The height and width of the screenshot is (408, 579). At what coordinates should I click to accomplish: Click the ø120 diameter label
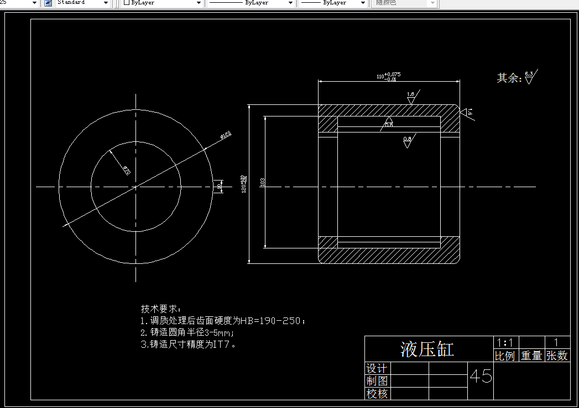226,134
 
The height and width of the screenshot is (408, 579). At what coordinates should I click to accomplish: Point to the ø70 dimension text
126,171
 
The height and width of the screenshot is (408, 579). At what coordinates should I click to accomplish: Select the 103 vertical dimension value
262,182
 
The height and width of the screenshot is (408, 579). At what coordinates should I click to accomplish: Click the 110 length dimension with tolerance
388,76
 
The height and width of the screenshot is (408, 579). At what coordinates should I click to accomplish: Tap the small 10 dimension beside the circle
220,187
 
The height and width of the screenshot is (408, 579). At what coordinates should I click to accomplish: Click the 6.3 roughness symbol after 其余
530,77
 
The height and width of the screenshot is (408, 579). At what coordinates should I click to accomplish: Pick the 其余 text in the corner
509,78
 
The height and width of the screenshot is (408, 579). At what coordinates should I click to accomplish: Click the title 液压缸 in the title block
427,349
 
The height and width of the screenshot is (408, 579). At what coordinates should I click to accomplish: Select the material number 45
481,377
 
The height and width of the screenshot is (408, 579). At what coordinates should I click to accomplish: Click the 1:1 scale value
505,342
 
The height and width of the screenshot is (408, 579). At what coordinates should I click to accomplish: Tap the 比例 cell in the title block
505,356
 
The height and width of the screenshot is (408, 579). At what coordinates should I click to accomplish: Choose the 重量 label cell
531,356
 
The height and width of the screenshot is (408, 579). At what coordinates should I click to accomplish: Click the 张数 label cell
557,356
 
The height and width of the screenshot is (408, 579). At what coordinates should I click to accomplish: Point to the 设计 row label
377,368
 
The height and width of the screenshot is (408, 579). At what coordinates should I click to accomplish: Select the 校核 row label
377,394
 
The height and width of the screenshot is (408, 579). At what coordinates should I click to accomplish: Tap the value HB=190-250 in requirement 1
272,321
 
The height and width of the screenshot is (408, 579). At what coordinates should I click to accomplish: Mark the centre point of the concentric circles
135,187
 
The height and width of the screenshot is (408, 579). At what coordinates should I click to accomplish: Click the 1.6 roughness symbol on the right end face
468,112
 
